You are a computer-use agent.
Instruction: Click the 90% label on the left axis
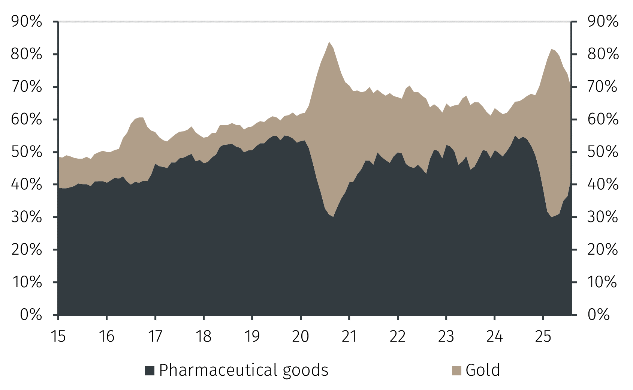26,22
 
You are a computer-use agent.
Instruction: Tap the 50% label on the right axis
603,152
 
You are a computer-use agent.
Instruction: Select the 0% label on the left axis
31,315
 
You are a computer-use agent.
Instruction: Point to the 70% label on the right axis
603,87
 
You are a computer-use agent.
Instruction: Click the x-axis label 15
58,336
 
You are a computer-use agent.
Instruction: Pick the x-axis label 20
300,336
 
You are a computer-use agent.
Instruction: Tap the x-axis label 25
543,336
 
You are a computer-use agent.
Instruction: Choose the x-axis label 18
204,336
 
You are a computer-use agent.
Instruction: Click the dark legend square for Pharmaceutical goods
150,370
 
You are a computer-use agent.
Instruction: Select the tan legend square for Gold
456,370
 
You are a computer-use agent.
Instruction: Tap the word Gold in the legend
483,370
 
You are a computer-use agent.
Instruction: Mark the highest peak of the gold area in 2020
329,42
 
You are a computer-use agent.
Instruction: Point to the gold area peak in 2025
551,49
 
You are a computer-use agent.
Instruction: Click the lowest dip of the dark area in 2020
333,216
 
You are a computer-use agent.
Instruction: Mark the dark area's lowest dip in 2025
551,217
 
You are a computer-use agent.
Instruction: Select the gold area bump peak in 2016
139,118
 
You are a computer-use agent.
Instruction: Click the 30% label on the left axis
26,217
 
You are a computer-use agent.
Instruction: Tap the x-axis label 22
397,336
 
